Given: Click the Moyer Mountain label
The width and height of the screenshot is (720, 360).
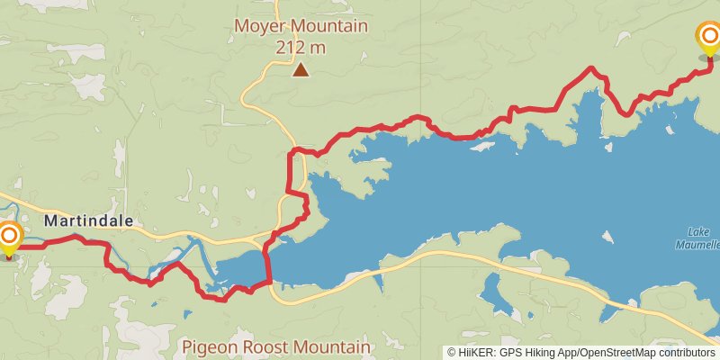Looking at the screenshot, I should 301,26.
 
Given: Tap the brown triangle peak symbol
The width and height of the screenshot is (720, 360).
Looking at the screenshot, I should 301,68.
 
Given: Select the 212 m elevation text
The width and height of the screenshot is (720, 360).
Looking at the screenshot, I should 301,46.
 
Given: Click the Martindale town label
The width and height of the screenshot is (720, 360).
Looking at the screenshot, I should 88,220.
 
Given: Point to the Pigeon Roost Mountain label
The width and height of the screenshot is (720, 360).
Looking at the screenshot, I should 275,346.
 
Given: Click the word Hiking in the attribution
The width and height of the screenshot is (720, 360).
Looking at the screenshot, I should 530,353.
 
